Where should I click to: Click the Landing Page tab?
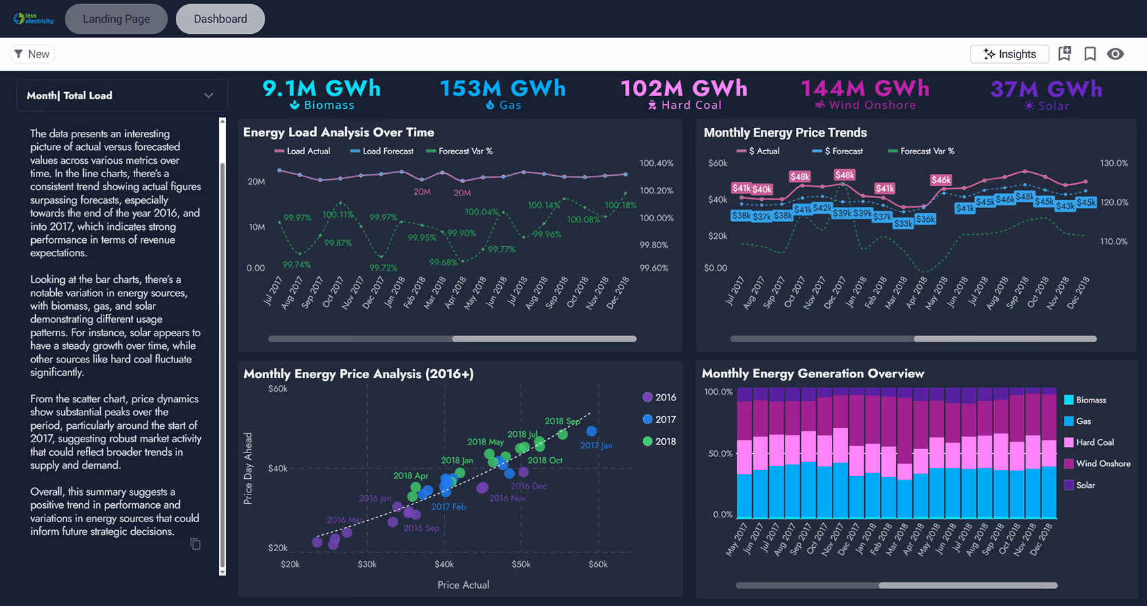(116, 19)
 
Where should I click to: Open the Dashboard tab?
(220, 19)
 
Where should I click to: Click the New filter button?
(32, 54)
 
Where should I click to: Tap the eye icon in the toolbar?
(1115, 54)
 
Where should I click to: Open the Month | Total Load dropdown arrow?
(208, 95)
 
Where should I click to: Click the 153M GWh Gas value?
(502, 89)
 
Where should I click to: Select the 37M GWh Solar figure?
(1046, 89)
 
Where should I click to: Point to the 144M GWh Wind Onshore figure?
(865, 89)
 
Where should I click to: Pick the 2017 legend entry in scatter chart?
(659, 419)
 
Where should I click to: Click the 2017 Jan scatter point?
(592, 431)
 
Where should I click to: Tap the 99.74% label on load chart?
(297, 264)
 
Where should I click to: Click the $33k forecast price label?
(903, 223)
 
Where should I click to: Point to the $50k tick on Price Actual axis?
(521, 564)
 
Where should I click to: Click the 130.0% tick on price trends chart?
(1114, 163)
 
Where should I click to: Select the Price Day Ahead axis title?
(248, 468)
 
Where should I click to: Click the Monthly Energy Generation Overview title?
(812, 373)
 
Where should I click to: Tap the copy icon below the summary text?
(195, 544)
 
